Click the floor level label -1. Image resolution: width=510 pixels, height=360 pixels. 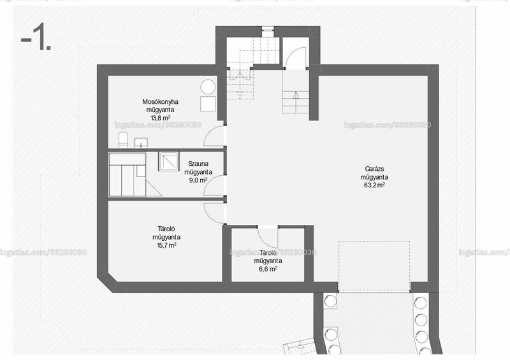coord(36,39)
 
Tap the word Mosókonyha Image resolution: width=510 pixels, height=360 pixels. coord(160,102)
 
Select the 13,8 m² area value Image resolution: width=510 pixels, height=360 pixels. coord(161,118)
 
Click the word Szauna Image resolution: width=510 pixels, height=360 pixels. coord(198,164)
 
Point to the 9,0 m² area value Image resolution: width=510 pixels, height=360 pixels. coord(198,180)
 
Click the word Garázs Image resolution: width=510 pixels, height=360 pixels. coord(374,169)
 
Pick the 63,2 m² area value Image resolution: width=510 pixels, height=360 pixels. coord(375,185)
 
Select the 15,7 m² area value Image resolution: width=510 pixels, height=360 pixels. coord(166,245)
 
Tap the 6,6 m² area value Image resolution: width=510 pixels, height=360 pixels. coord(268,269)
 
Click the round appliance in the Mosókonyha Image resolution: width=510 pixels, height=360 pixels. coord(208,87)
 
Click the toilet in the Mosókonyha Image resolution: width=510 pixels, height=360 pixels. coord(123,140)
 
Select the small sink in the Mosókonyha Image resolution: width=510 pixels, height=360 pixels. coord(141,143)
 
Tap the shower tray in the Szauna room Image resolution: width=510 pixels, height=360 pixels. coord(168,161)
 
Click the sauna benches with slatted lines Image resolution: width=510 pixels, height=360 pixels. coord(127,175)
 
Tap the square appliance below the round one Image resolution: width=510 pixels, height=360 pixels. coord(208,104)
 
